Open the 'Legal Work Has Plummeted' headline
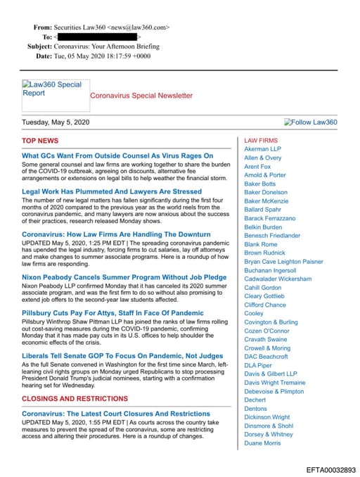click(112, 191)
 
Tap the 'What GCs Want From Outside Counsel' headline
click(117, 155)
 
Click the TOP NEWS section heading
click(40, 141)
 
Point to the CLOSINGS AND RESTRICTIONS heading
click(74, 398)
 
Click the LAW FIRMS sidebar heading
click(260, 141)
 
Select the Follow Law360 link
click(310, 122)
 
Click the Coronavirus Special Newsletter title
click(141, 95)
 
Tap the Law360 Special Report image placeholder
click(53, 94)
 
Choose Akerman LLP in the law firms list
click(262, 149)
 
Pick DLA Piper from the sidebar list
click(257, 365)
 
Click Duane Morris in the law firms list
click(262, 443)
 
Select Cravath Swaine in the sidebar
click(265, 339)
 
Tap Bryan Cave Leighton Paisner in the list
click(283, 261)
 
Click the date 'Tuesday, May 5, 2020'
click(56, 122)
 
